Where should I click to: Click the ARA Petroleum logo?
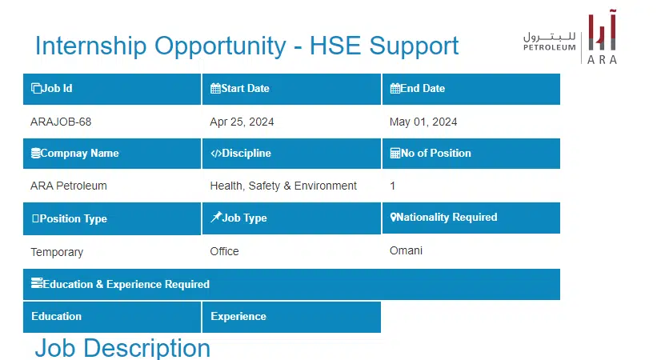click(570, 37)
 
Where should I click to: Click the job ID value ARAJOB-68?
click(61, 122)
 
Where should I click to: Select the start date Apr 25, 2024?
click(242, 122)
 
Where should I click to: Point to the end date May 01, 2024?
click(423, 122)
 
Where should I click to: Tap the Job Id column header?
click(51, 88)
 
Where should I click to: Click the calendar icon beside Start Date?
click(215, 88)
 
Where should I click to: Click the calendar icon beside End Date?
click(395, 88)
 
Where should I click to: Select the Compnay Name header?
click(74, 153)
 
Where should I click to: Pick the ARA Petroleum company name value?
click(69, 186)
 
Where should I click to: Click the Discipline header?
click(240, 153)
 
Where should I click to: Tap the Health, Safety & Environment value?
click(283, 186)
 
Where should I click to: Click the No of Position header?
click(431, 153)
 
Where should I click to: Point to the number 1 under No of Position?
click(393, 186)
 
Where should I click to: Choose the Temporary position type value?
click(57, 252)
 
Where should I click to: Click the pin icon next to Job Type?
click(216, 217)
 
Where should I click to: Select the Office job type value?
click(224, 251)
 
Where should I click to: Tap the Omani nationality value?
click(406, 250)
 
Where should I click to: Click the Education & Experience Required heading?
click(121, 284)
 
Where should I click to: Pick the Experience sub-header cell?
click(291, 317)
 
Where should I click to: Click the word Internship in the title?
click(90, 46)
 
